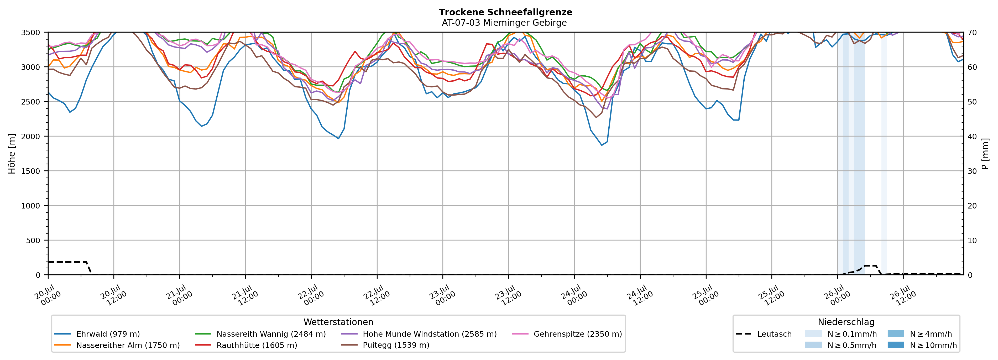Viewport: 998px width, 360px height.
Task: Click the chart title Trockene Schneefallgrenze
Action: click(x=505, y=12)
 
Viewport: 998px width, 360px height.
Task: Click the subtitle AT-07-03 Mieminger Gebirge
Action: click(x=504, y=23)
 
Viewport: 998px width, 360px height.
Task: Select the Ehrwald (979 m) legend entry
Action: click(x=97, y=334)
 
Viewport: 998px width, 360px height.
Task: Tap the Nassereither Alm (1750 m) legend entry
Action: click(x=117, y=345)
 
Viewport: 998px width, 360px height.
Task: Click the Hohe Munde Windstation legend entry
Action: click(x=419, y=334)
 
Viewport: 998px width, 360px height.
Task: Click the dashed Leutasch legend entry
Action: click(x=764, y=334)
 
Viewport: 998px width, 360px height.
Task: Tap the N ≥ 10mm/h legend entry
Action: click(x=922, y=345)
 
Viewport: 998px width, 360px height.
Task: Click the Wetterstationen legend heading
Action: click(x=338, y=322)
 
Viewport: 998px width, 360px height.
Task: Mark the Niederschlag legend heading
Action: click(x=846, y=322)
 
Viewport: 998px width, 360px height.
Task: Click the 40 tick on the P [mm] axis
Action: click(x=972, y=136)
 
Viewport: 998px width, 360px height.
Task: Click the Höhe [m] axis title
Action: click(x=12, y=153)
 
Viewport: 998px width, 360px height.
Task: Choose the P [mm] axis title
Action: click(x=985, y=153)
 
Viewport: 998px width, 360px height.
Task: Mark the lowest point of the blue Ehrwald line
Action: click(x=602, y=145)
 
